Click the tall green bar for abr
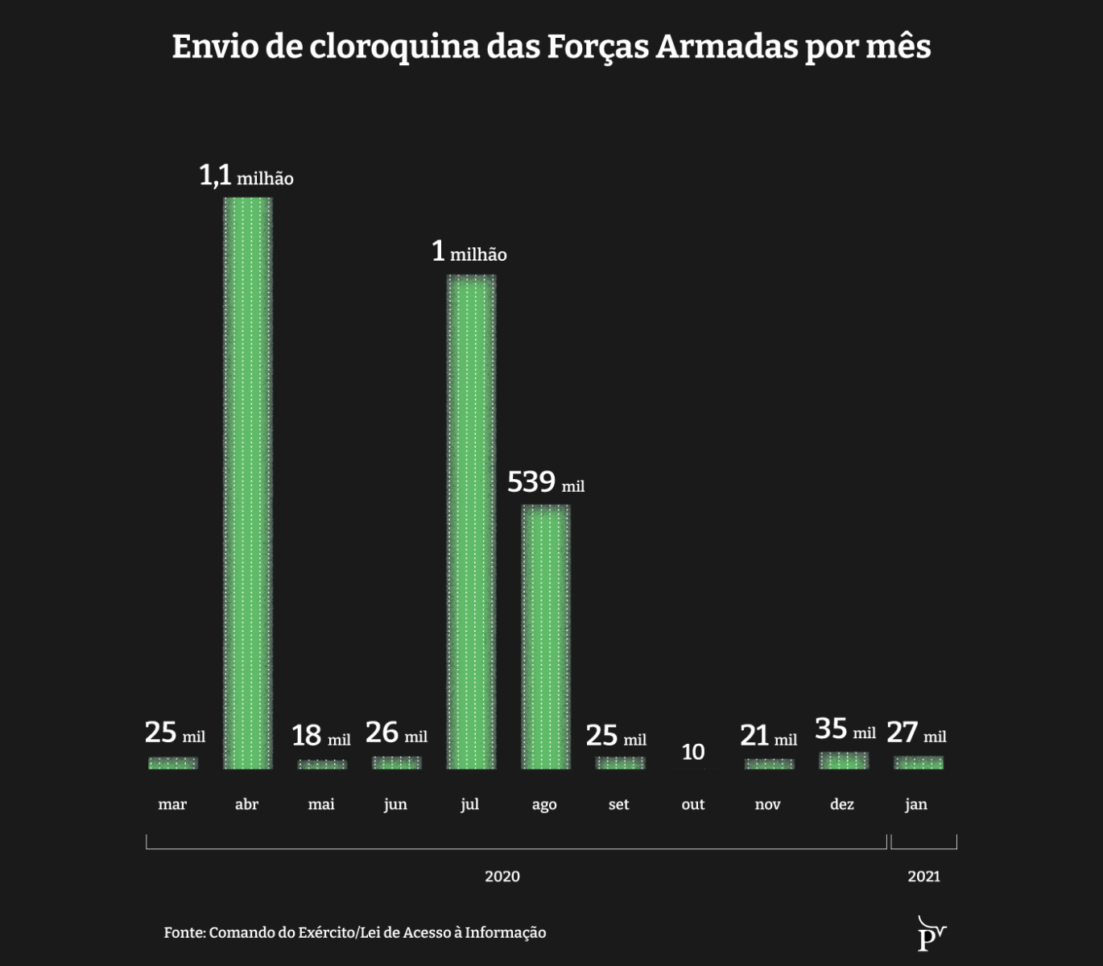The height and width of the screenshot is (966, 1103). (247, 483)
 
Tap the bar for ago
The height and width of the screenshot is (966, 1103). (545, 636)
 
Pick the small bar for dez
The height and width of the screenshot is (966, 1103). (843, 760)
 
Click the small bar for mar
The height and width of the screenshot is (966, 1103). (172, 762)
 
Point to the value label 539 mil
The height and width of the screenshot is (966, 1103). (545, 482)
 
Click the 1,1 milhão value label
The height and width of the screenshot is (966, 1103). (246, 175)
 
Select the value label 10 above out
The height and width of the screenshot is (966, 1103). (692, 752)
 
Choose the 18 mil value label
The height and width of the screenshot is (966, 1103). (320, 736)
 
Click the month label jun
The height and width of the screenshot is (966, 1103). (395, 804)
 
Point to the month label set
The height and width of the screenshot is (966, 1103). (618, 804)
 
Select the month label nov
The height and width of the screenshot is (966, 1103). (767, 804)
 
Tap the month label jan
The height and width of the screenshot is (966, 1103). (915, 804)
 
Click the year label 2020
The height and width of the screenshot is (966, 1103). (502, 876)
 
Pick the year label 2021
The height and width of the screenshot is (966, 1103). (923, 876)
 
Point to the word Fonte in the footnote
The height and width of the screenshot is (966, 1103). (184, 932)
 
